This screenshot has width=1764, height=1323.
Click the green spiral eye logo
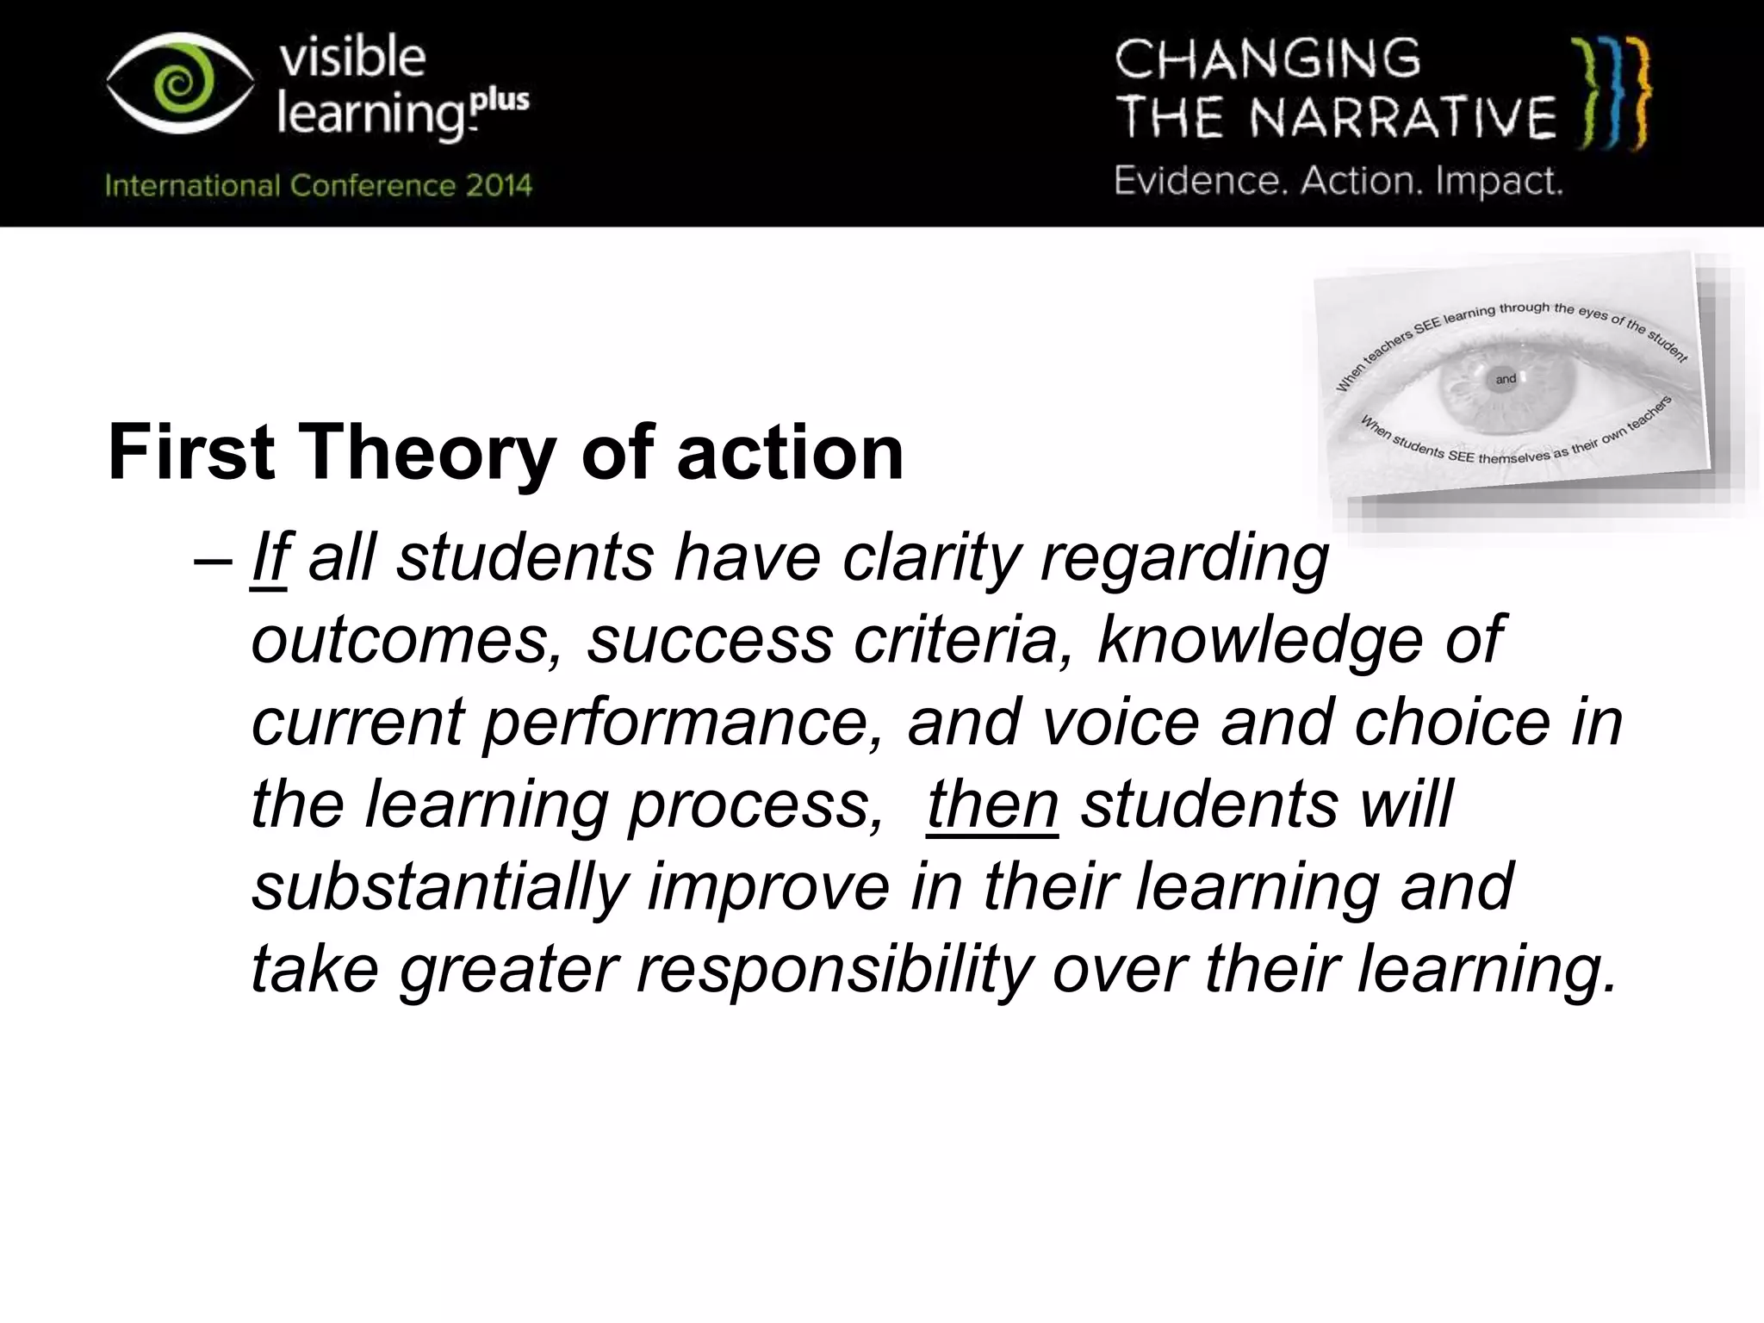(x=180, y=84)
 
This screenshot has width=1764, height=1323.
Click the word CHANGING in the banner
(x=1267, y=60)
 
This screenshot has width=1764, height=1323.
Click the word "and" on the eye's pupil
(x=1506, y=379)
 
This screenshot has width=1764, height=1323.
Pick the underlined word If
(x=269, y=558)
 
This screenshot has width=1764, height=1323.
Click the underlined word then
(x=992, y=804)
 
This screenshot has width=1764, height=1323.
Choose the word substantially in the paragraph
(x=439, y=886)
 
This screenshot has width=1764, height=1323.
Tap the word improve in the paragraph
(x=768, y=886)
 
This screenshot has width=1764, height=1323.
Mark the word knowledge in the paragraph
(x=1259, y=640)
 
